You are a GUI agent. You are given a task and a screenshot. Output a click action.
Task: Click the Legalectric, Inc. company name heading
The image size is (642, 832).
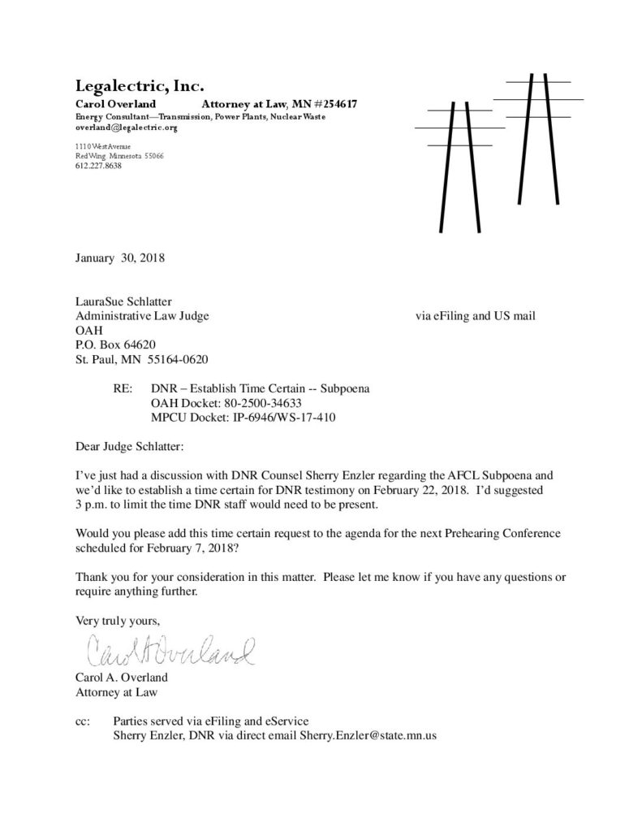[x=139, y=84]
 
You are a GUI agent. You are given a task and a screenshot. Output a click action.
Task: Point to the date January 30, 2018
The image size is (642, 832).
[x=120, y=259]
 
